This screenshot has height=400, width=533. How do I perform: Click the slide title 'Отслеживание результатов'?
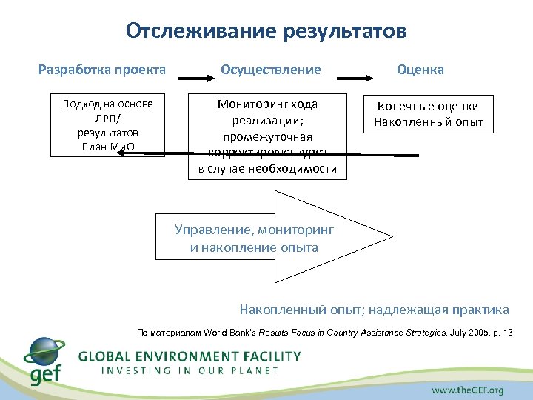click(266, 31)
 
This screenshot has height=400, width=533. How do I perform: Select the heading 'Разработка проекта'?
click(102, 70)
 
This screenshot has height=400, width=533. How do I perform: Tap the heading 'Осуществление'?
click(271, 70)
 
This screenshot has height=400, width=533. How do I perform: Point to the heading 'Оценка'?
click(420, 70)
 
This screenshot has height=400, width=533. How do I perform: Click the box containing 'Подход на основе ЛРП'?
click(107, 124)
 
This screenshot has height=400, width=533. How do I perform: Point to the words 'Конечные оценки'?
click(429, 107)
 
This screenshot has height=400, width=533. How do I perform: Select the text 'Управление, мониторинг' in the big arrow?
click(254, 230)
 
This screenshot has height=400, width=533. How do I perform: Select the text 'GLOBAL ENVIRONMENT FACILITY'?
click(190, 356)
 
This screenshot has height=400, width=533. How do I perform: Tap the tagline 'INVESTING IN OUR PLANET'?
click(190, 370)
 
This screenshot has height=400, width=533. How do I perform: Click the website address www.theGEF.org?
click(467, 389)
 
